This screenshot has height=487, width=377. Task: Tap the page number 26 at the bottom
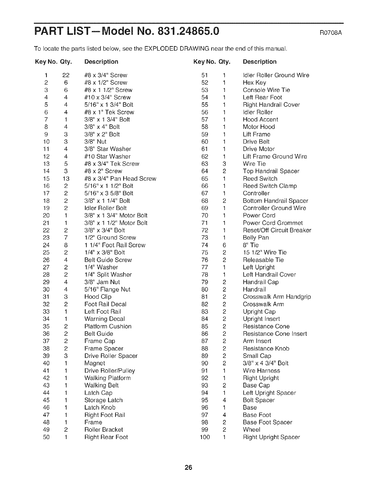coord(188,468)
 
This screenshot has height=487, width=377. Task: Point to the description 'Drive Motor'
coord(258,149)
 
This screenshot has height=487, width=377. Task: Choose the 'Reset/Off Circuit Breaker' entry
coord(277,230)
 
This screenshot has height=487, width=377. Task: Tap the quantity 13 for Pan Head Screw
coord(66,179)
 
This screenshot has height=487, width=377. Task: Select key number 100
coord(205,437)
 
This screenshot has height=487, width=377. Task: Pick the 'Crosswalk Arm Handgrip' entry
coord(277,297)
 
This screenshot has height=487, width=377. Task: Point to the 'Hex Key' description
coord(254,82)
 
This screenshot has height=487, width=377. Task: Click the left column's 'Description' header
coord(101,61)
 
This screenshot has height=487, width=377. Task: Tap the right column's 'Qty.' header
coord(224,61)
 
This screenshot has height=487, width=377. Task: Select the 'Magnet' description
coord(95,363)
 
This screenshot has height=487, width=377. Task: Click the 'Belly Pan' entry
coord(256,238)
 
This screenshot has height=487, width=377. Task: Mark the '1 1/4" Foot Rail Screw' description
coord(115,245)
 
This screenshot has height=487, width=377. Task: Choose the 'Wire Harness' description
coord(261,370)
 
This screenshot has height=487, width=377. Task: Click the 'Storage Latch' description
coord(103,400)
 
